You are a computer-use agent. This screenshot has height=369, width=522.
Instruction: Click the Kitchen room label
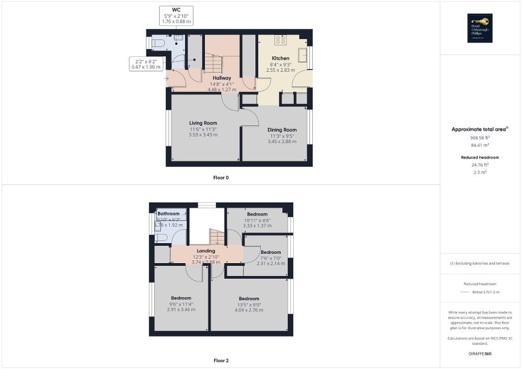pyautogui.click(x=280, y=58)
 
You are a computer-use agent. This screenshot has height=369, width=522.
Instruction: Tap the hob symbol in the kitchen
pyautogui.click(x=281, y=39)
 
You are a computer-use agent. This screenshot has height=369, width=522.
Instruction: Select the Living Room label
pyautogui.click(x=203, y=123)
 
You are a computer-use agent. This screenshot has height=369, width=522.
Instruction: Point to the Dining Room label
pyautogui.click(x=282, y=130)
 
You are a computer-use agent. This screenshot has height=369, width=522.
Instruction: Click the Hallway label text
pyautogui.click(x=221, y=78)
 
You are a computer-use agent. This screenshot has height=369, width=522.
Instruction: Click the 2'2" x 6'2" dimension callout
pyautogui.click(x=143, y=64)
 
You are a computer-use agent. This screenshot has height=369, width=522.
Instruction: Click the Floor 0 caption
pyautogui.click(x=221, y=177)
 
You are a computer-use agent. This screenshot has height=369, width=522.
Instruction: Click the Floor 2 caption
pyautogui.click(x=221, y=360)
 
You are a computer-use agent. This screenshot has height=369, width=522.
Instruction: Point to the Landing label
pyautogui.click(x=206, y=251)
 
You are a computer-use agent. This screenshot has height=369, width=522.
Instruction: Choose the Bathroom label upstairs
pyautogui.click(x=169, y=214)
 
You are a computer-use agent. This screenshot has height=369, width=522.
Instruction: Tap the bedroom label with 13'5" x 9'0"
pyautogui.click(x=249, y=299)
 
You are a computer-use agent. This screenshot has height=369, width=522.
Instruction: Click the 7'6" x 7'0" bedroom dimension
pyautogui.click(x=271, y=258)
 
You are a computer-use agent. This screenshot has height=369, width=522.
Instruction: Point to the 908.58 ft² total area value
pyautogui.click(x=480, y=138)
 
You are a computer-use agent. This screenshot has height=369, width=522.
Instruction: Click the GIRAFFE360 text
pyautogui.click(x=480, y=354)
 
